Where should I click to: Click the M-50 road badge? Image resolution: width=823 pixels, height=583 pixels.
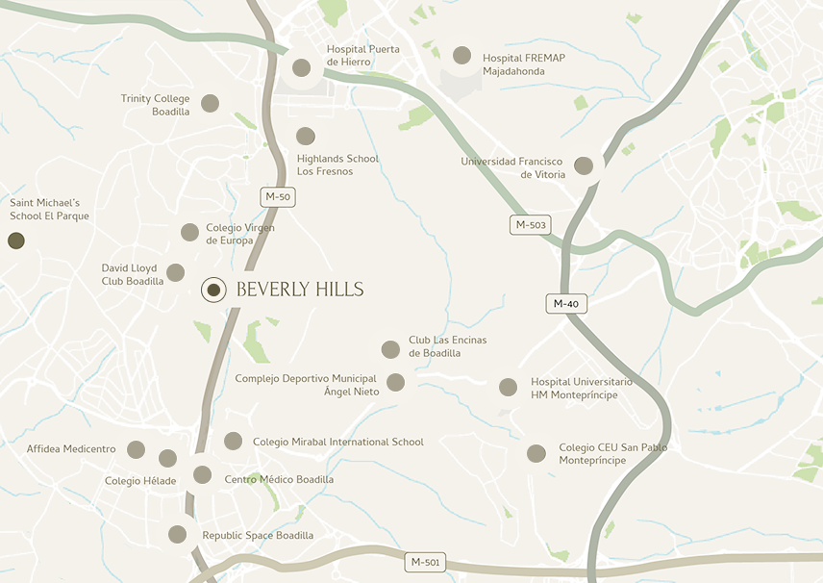278,197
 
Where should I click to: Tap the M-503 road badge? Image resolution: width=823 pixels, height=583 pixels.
531,225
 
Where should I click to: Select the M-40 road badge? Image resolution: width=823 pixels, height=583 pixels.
566,303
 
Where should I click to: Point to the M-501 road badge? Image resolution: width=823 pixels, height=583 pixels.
425,562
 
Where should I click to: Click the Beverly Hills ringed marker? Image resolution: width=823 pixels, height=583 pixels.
213,290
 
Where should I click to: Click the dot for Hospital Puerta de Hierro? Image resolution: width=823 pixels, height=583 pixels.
301,67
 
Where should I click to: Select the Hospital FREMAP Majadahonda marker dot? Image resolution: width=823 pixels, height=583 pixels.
461,56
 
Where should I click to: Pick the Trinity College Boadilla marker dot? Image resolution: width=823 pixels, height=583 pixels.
210,104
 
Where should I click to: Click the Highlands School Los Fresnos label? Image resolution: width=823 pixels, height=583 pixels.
337,165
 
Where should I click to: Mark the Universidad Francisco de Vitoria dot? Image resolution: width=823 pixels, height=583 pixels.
583,166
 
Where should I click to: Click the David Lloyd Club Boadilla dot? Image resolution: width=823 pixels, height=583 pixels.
175,273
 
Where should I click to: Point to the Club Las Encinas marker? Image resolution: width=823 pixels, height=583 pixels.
390,349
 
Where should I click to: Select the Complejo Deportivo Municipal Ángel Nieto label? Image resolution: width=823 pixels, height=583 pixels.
306,385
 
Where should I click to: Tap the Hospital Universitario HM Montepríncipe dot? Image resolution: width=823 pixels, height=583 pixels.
508,388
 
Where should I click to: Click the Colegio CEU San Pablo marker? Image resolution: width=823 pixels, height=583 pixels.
536,453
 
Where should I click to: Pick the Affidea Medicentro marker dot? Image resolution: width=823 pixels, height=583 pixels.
136,449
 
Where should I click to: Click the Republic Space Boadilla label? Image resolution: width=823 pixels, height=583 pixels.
258,536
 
